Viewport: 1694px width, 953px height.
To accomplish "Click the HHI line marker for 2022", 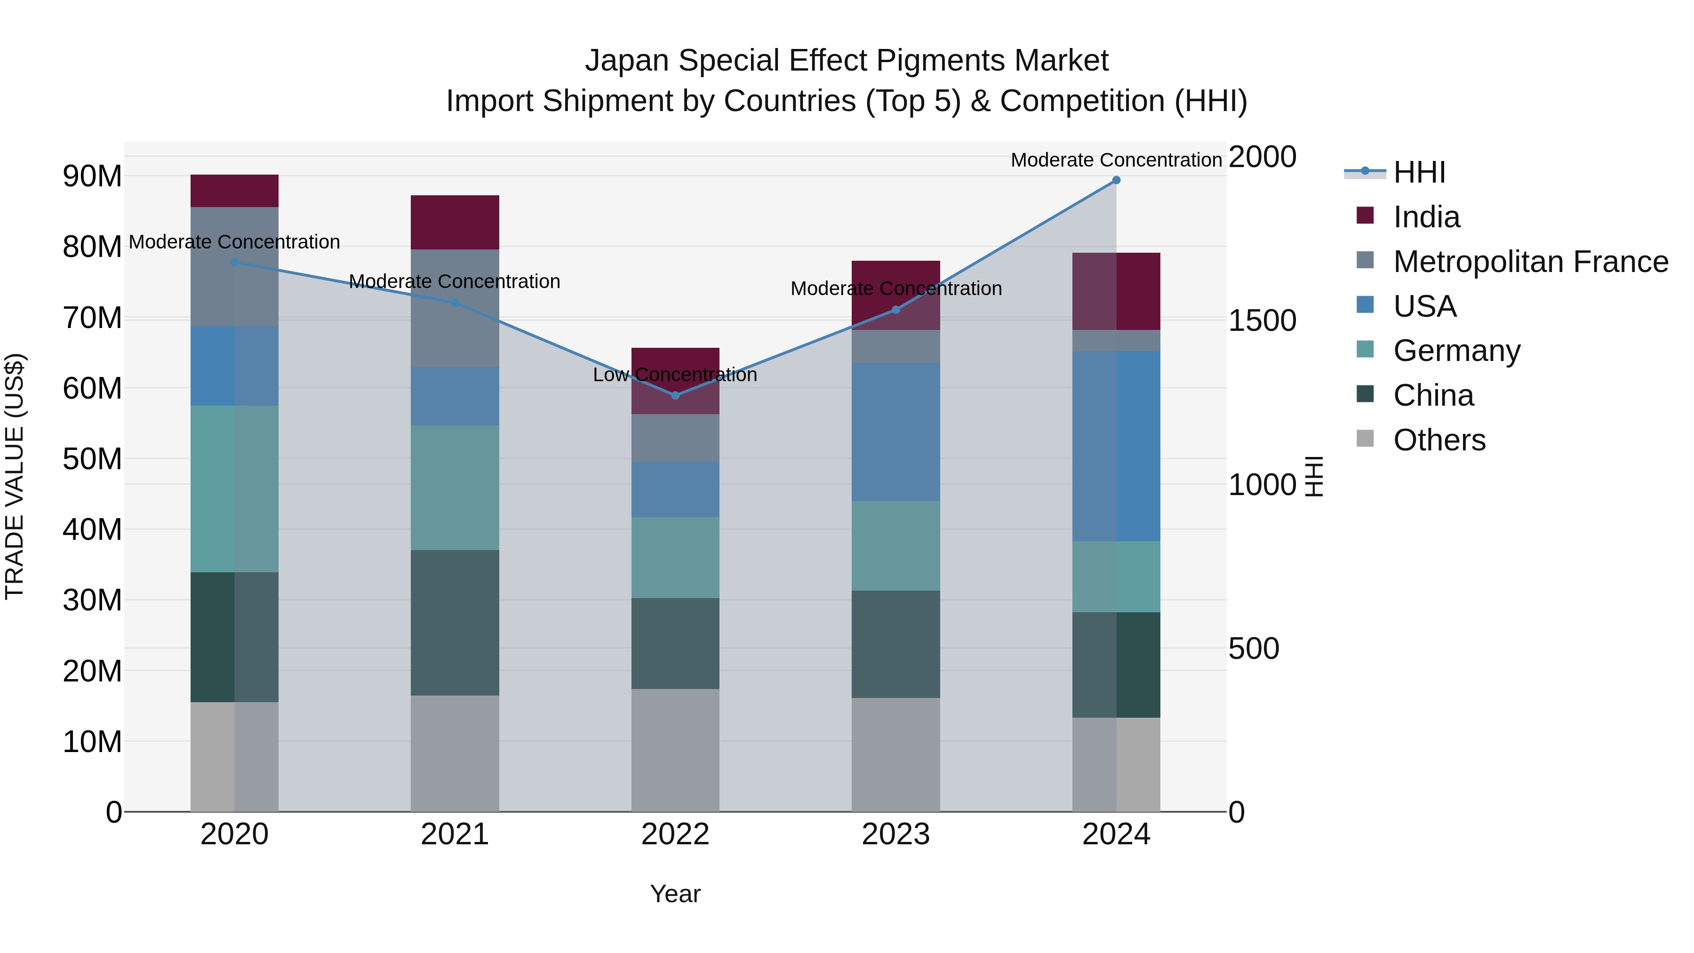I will point(675,395).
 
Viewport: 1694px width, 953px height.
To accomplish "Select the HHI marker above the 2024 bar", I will point(1116,180).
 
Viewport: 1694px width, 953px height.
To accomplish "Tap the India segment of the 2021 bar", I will point(455,222).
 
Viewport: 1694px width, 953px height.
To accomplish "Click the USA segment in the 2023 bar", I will point(895,432).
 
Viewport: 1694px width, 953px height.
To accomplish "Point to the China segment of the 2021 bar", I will point(455,623).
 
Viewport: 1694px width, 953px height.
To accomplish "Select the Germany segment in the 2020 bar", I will point(234,489).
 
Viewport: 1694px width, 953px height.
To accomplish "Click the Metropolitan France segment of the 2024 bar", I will point(1116,341).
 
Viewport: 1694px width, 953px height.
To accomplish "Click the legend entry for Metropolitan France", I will point(1530,262).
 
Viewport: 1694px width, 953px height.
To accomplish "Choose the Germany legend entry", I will point(1456,351).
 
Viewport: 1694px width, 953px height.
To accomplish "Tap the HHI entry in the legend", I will point(1418,172).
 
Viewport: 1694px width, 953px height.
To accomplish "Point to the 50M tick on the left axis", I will point(92,459).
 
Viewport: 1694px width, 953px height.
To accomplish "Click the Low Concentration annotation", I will point(675,375).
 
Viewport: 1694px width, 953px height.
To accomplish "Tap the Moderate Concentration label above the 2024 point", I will point(1116,160).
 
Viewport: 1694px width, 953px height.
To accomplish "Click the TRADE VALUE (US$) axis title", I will point(15,476).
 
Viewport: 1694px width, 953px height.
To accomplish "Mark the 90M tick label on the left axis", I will point(92,176).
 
